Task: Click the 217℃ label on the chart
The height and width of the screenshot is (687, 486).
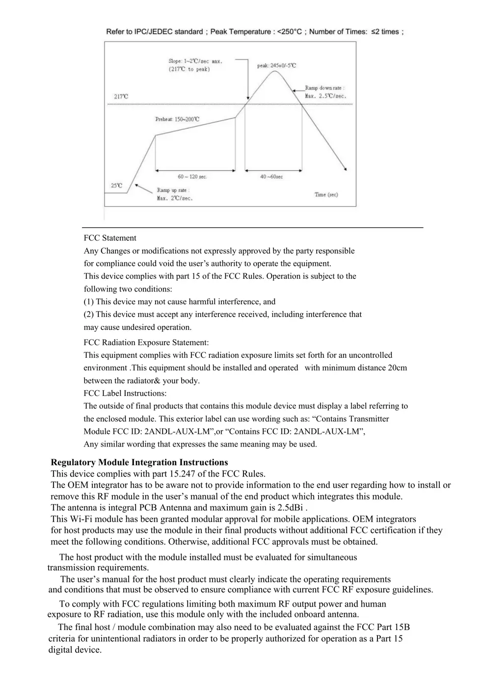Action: tap(121, 97)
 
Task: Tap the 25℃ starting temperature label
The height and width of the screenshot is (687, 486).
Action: tap(116, 185)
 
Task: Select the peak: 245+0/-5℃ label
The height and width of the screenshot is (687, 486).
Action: tap(276, 65)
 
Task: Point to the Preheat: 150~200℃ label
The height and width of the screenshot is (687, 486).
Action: tap(177, 119)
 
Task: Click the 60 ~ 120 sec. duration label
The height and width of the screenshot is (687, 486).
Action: tap(192, 177)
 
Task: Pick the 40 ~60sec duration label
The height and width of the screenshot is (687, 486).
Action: tap(271, 177)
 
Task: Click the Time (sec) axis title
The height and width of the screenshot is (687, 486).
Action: tap(326, 195)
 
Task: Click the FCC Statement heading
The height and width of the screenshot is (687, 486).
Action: tap(110, 238)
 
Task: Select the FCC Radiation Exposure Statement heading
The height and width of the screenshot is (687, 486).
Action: tap(146, 343)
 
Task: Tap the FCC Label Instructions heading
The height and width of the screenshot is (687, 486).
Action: tap(125, 394)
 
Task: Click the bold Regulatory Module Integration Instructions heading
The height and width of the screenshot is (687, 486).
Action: tap(139, 462)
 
